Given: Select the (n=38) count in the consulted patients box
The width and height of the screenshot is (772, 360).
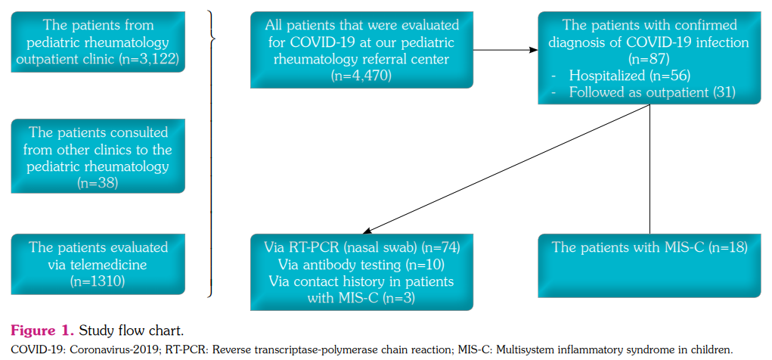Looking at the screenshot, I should pos(98,182).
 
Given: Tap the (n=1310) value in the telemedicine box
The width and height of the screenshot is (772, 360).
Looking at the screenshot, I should pos(98,281).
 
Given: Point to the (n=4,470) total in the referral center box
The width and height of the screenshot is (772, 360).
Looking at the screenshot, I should pos(361,75).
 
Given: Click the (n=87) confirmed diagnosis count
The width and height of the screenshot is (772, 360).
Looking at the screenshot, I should pos(650,58).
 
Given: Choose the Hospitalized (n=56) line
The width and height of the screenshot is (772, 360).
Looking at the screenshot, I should pos(629,76).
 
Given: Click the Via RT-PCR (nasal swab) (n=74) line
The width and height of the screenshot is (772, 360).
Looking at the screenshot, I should pos(361,247).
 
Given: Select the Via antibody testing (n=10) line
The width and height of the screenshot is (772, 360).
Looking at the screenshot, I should pos(361,265).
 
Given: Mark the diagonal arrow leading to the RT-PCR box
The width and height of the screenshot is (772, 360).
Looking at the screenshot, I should pos(507,168).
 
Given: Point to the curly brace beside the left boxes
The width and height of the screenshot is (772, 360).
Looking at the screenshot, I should pos(212,38).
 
